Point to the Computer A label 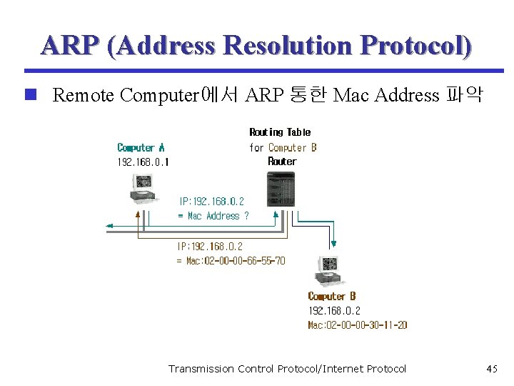tap(141, 148)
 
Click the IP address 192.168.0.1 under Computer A tap(143, 162)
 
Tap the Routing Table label tap(280, 132)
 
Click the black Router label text tap(282, 162)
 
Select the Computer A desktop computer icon tap(140, 189)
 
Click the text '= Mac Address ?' tap(213, 216)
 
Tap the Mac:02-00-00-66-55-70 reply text tap(231, 261)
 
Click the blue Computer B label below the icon tap(332, 296)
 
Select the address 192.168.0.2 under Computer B tap(334, 311)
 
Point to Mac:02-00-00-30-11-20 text tap(358, 325)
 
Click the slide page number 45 tap(491, 369)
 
